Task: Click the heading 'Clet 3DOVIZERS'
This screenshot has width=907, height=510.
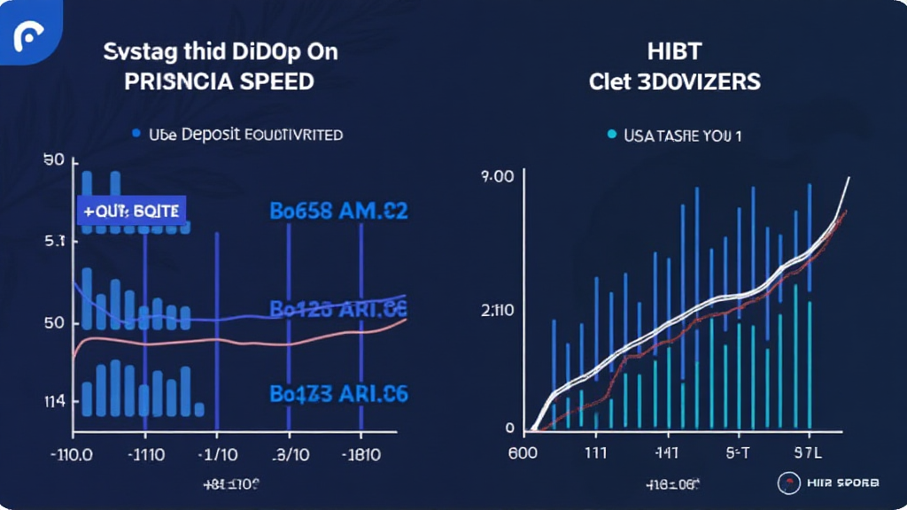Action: coord(674,81)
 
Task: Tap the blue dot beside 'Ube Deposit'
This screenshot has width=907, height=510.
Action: coord(136,135)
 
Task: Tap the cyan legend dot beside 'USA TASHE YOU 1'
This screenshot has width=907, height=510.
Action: coord(611,135)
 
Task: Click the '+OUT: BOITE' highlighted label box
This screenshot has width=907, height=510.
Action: coord(131,211)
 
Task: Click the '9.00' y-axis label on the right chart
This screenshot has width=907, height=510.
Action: coord(497,177)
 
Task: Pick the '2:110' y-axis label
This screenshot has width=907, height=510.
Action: coord(498,311)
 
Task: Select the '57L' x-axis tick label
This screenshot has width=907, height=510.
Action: coord(808,453)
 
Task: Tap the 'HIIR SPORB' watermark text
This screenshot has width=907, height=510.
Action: coord(842,483)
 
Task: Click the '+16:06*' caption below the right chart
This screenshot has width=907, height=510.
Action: coord(672,485)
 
